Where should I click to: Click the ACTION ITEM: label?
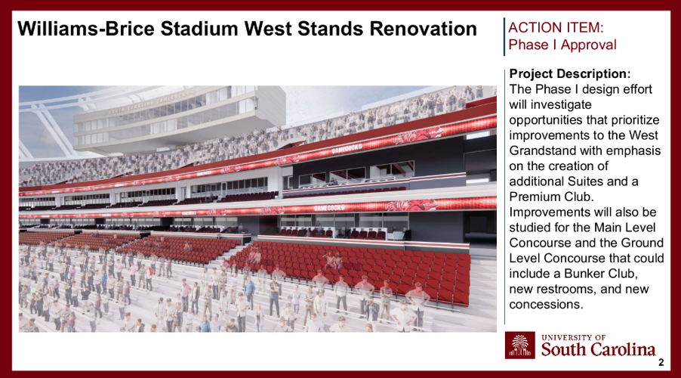(x=556, y=28)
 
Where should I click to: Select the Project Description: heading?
(x=570, y=74)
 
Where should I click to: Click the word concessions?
(x=546, y=305)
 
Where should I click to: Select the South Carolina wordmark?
(x=598, y=349)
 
